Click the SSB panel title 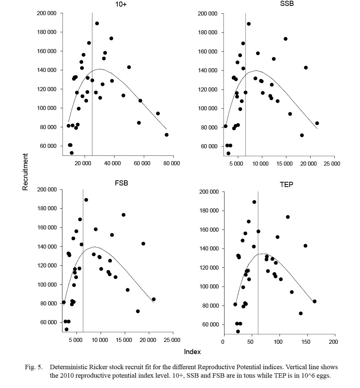point(286,4)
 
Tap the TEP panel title point(286,185)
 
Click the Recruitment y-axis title point(25,172)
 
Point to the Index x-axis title point(192,352)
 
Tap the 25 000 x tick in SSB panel point(332,163)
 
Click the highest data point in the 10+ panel point(97,23)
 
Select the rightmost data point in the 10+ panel point(167,135)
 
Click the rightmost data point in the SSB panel point(317,123)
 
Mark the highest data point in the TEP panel point(254,202)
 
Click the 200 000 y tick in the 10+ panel point(47,13)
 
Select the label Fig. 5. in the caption point(36,367)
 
